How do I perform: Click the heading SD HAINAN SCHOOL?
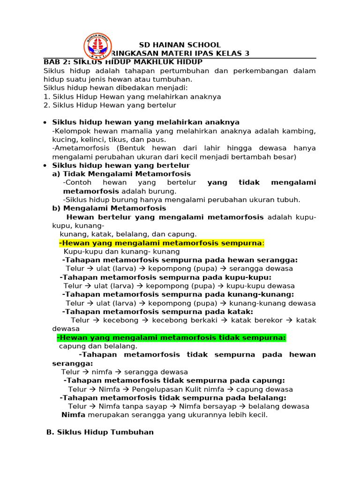tap(180, 45)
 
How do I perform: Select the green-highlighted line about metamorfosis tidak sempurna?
tap(171, 337)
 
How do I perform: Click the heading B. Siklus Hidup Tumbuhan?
tap(100, 432)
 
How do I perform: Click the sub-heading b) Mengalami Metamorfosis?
tap(109, 208)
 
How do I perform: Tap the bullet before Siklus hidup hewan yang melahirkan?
tap(44, 123)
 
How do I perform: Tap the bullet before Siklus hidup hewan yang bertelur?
tap(44, 166)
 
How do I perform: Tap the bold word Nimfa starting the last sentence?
tap(73, 415)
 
